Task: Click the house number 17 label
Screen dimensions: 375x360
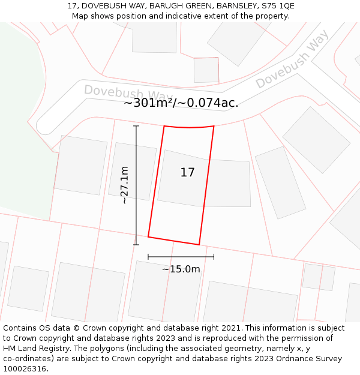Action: (x=187, y=173)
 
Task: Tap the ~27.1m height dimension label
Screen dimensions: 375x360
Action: (x=125, y=185)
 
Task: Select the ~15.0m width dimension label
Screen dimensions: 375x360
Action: (x=181, y=269)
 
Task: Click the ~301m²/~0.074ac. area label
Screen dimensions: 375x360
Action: (x=181, y=103)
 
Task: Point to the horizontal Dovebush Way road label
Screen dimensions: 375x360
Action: (x=128, y=94)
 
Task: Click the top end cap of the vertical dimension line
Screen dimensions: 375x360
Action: (x=136, y=126)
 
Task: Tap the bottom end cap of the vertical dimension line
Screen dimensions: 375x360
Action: (x=136, y=244)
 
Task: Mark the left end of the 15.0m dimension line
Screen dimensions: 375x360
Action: (x=148, y=257)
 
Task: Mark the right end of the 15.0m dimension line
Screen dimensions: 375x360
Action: (x=214, y=257)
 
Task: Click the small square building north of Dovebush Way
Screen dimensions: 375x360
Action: (x=206, y=70)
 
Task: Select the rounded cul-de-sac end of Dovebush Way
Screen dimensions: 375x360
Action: (x=45, y=125)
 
